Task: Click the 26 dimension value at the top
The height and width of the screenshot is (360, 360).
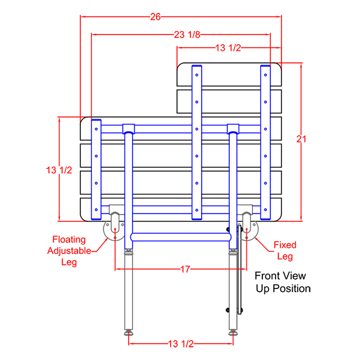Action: (155, 17)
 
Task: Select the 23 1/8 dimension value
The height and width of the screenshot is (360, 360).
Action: (187, 34)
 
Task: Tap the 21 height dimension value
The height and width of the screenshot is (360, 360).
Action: (301, 139)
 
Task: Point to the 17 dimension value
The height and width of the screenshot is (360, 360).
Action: (185, 269)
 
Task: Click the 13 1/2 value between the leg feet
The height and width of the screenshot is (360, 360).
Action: (181, 344)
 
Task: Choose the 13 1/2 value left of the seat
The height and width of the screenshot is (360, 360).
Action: (59, 170)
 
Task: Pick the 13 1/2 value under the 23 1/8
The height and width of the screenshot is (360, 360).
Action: (228, 48)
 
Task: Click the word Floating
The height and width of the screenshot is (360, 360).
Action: (69, 240)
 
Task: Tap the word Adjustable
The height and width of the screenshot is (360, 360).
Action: (69, 251)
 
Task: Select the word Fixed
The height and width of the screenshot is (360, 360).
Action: (285, 245)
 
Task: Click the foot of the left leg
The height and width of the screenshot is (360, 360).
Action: (129, 332)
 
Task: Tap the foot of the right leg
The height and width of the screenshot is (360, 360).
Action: (233, 332)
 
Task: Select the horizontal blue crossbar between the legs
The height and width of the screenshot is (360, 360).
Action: (181, 237)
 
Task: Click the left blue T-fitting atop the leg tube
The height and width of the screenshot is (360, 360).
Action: (129, 129)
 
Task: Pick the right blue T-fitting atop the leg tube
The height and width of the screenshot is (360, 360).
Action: (233, 129)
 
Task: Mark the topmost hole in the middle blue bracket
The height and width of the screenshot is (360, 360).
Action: (197, 75)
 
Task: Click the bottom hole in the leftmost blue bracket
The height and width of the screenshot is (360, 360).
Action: (96, 210)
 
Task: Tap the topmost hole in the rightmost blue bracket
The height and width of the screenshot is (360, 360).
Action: (265, 75)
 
